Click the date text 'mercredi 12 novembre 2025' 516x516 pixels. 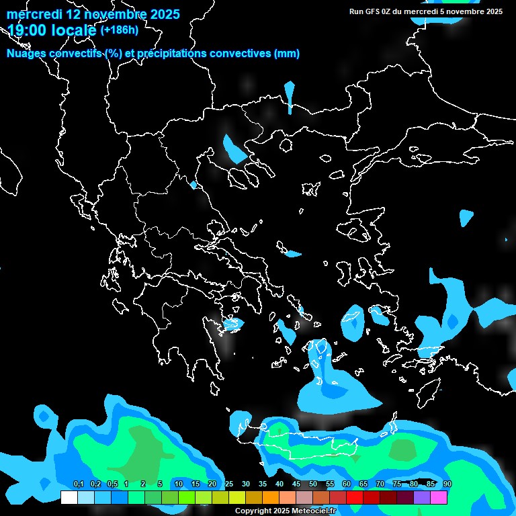pyautogui.click(x=93, y=14)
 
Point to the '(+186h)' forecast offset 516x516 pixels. pyautogui.click(x=120, y=30)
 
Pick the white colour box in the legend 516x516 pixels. pyautogui.click(x=69, y=497)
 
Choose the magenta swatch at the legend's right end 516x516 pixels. pyautogui.click(x=439, y=497)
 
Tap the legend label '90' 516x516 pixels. pyautogui.click(x=447, y=484)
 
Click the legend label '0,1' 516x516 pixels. pyautogui.click(x=78, y=484)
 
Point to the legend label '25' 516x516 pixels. pyautogui.click(x=229, y=484)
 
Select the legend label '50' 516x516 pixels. pyautogui.click(x=313, y=484)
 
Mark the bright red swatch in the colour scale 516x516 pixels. pyautogui.click(x=355, y=497)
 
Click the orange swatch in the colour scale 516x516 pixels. pyautogui.click(x=271, y=497)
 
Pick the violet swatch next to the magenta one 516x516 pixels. pyautogui.click(x=422, y=497)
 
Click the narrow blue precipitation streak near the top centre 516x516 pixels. pyautogui.click(x=290, y=96)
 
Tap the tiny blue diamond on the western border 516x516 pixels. pyautogui.click(x=193, y=185)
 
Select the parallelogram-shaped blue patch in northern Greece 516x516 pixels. pyautogui.click(x=234, y=148)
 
